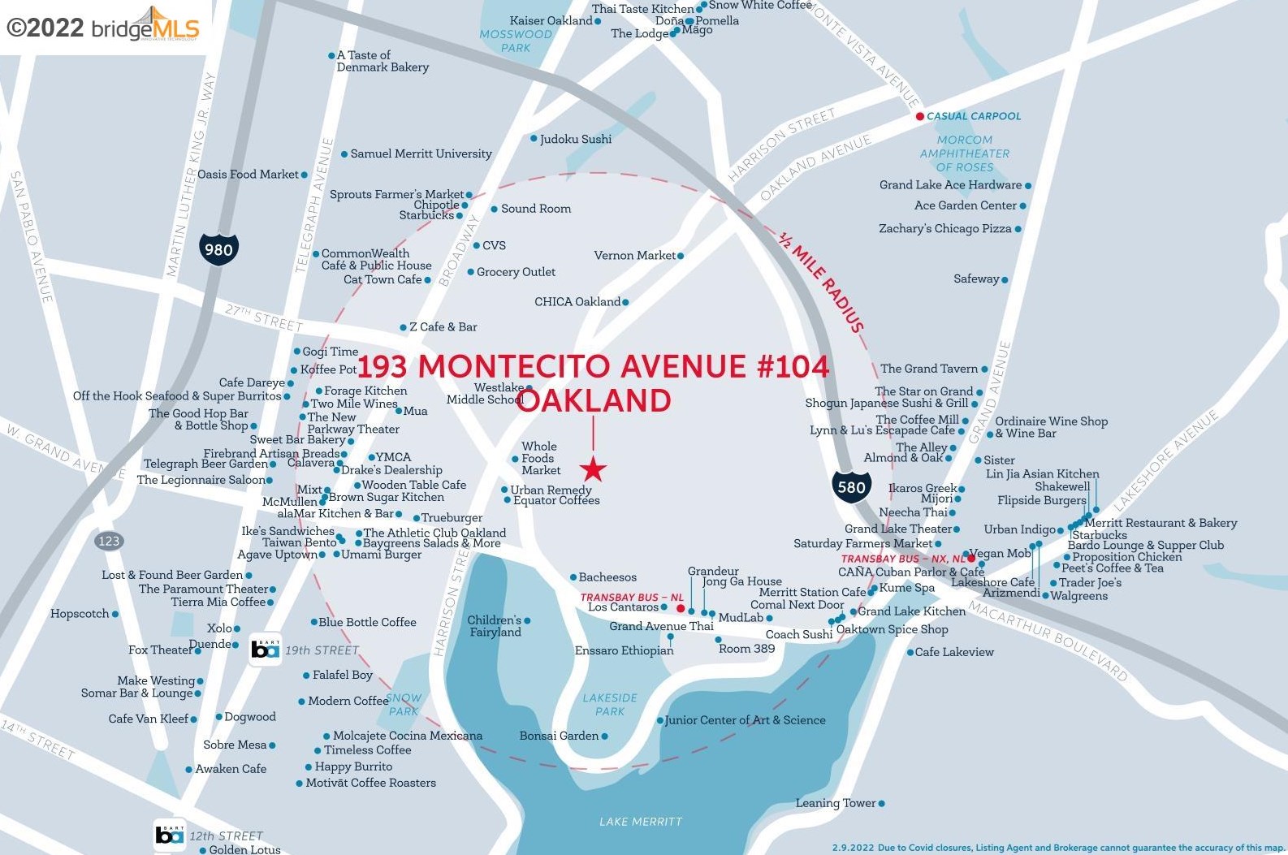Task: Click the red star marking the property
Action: click(x=594, y=469)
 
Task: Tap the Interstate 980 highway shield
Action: click(x=218, y=249)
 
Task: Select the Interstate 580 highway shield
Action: click(x=851, y=486)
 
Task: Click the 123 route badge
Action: click(x=109, y=541)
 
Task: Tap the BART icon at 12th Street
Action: click(x=170, y=835)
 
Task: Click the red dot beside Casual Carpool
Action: click(x=919, y=116)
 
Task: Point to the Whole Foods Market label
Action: click(x=540, y=458)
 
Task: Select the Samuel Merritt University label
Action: click(x=421, y=153)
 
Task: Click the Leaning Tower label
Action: click(x=836, y=803)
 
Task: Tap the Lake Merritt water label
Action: click(x=641, y=822)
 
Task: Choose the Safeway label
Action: click(x=976, y=279)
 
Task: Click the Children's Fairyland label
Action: click(x=495, y=625)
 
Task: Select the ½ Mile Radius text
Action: click(x=820, y=282)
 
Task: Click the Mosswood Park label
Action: click(x=515, y=41)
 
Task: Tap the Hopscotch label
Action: click(x=80, y=613)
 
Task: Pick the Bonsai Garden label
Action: click(x=559, y=736)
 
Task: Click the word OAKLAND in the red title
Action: click(x=594, y=400)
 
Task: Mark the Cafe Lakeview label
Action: click(x=954, y=651)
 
